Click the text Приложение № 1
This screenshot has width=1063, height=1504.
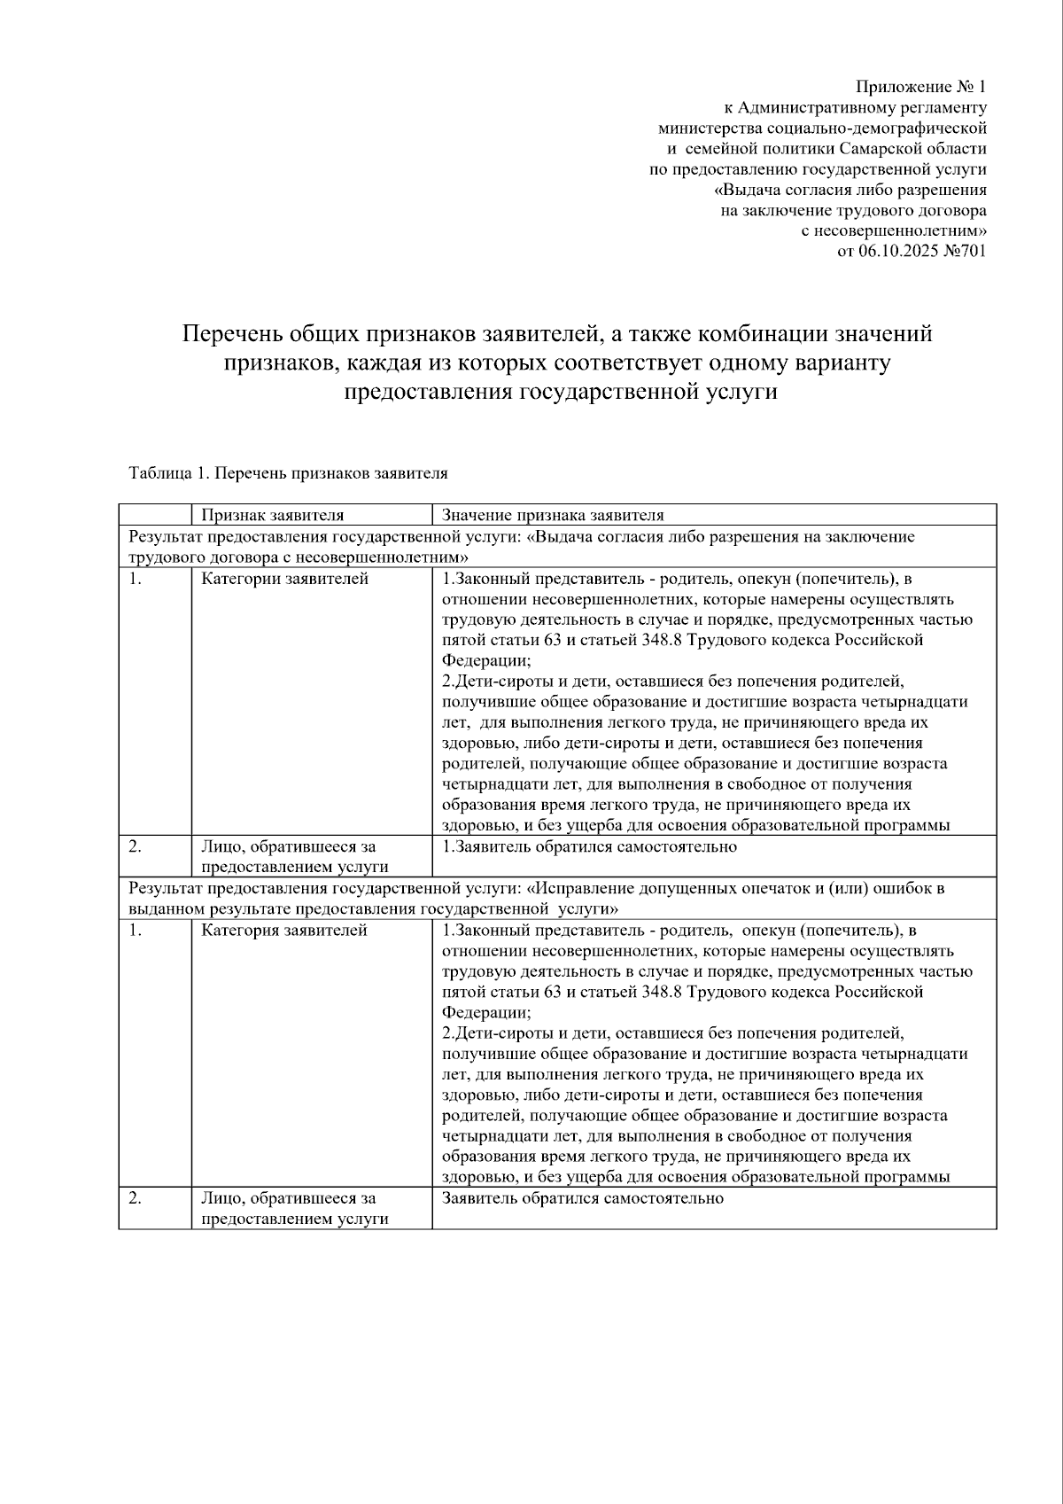(x=920, y=87)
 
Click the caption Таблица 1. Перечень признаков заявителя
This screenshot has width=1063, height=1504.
(x=288, y=473)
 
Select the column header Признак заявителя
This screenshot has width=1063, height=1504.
(x=272, y=515)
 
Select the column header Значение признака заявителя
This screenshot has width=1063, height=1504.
(x=553, y=515)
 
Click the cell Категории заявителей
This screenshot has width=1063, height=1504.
(x=284, y=580)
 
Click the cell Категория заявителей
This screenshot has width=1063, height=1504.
(x=283, y=931)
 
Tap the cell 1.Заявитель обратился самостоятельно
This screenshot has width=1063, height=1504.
(x=589, y=846)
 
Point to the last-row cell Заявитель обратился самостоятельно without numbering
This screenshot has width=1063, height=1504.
(x=582, y=1198)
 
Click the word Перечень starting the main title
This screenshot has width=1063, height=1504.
(x=221, y=334)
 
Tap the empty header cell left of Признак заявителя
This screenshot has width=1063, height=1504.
(x=155, y=515)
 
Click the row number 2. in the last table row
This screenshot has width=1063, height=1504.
(x=135, y=1198)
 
